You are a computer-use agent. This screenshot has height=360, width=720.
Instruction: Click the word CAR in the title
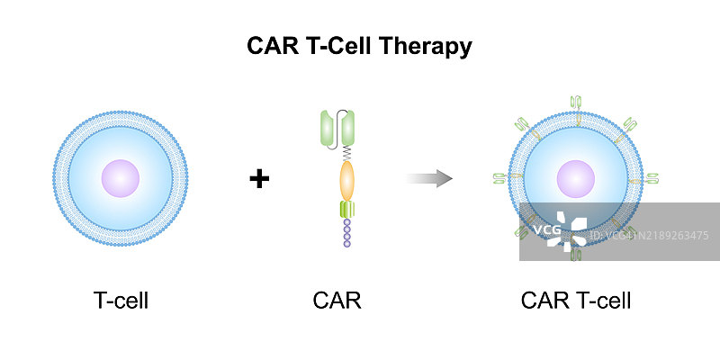coord(272,47)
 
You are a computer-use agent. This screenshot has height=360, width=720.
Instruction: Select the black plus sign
coord(259,179)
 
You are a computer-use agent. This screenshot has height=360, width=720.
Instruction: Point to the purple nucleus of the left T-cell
coord(121,178)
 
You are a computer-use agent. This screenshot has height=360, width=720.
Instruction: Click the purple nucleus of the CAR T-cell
coord(576,178)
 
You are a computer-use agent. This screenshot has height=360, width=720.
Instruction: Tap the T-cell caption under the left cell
coord(121,301)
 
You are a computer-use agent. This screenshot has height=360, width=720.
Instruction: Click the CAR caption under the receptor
coord(337,301)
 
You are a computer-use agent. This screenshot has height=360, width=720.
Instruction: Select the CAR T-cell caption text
coord(576,301)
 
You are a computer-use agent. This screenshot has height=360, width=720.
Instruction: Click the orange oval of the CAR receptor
coord(346,181)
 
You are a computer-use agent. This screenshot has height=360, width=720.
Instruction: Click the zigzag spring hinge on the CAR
coord(346,154)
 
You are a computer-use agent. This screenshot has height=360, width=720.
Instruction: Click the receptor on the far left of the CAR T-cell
coord(500,178)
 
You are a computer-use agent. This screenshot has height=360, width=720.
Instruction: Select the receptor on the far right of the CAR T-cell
coord(652,178)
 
